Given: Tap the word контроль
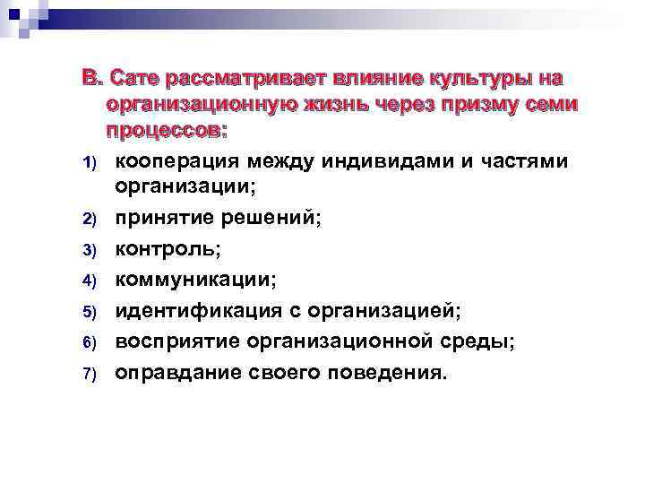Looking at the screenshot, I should pos(162,248).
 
